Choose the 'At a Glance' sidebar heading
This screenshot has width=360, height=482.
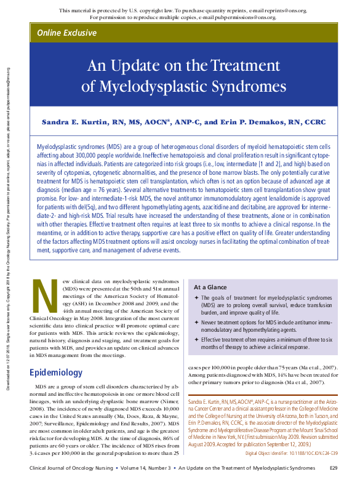click(210, 287)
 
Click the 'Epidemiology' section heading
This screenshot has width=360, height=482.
click(56, 372)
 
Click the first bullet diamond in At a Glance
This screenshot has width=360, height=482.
click(196, 298)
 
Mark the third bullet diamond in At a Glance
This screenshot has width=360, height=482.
click(196, 339)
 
